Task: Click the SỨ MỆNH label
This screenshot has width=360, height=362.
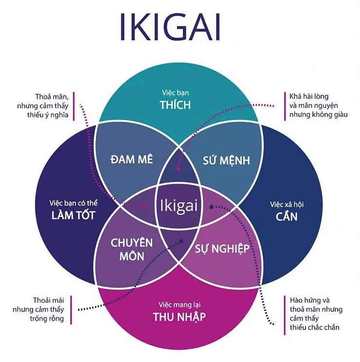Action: click(226, 160)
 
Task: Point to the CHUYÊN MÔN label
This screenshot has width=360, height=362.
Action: click(131, 249)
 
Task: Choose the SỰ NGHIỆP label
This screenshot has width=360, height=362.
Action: click(222, 249)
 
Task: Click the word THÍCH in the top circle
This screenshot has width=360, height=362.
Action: click(176, 104)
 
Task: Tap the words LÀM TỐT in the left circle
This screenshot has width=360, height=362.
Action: click(73, 215)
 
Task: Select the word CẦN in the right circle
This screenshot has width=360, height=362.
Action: click(286, 215)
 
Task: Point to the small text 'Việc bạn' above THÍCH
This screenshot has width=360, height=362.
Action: click(176, 92)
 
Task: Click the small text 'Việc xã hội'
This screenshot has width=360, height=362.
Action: click(286, 203)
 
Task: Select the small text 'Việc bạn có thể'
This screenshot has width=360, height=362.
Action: click(73, 203)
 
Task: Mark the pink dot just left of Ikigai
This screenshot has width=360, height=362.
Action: click(144, 206)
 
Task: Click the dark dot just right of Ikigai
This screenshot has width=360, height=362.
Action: click(211, 207)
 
